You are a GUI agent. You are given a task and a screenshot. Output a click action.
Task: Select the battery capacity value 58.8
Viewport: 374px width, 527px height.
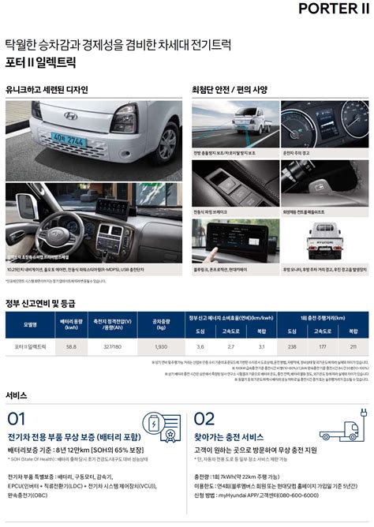(x=71, y=346)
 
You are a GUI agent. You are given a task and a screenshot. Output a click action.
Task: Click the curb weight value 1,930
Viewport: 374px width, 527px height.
(x=161, y=346)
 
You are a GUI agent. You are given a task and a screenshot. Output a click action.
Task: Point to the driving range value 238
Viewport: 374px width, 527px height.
(x=292, y=346)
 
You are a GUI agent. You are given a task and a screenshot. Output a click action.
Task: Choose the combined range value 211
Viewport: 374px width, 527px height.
(x=353, y=346)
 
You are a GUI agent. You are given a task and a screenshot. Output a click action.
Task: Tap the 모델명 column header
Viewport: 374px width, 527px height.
(x=30, y=323)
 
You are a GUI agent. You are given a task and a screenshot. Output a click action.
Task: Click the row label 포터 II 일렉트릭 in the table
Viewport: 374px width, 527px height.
(x=30, y=346)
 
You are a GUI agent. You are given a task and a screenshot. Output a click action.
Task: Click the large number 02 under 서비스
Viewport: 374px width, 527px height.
(x=204, y=419)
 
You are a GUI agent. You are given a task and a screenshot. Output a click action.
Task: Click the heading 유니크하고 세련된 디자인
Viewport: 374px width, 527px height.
(x=47, y=89)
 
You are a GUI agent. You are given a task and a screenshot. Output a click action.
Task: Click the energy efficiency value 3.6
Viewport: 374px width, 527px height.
(x=200, y=346)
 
